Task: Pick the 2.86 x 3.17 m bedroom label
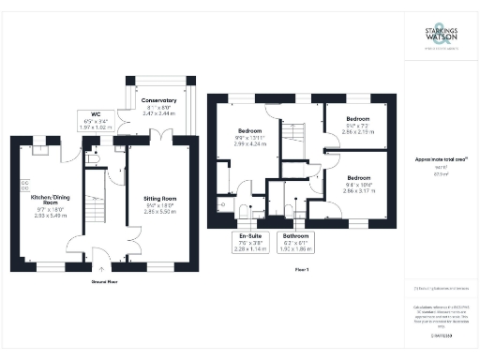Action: [x=357, y=185]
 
